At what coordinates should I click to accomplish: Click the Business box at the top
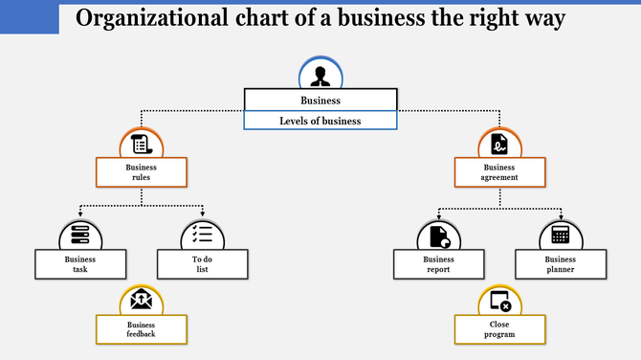[x=320, y=100]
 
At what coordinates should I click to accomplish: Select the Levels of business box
[x=320, y=121]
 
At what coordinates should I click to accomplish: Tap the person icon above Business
[x=320, y=75]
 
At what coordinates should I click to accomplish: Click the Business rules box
[x=141, y=172]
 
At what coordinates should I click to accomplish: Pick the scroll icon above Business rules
[x=142, y=146]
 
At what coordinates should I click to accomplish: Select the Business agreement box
[x=499, y=172]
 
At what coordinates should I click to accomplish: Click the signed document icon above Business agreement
[x=499, y=146]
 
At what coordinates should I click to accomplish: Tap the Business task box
[x=80, y=264]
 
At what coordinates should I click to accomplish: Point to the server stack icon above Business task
[x=80, y=235]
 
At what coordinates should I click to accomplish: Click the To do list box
[x=202, y=264]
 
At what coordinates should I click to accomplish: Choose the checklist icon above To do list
[x=203, y=235]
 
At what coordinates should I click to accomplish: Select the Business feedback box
[x=141, y=330]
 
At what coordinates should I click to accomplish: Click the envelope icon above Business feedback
[x=142, y=301]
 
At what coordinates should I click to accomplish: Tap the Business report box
[x=439, y=264]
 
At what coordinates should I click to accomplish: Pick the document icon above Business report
[x=439, y=235]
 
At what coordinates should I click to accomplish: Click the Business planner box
[x=561, y=264]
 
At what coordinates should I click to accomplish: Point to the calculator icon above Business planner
[x=561, y=235]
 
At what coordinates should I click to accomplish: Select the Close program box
[x=499, y=330]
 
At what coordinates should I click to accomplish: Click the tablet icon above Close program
[x=499, y=302]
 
